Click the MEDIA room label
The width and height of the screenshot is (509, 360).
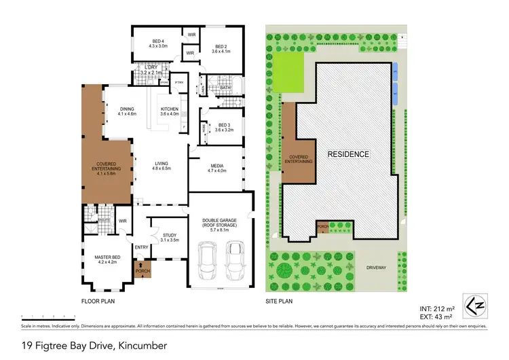coord(217,168)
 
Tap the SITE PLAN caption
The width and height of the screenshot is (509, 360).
coord(278,300)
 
